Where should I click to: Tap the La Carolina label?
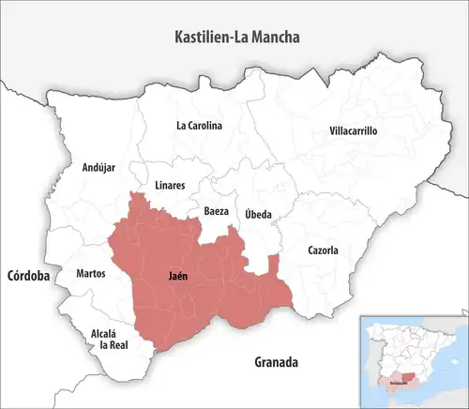coord(199,125)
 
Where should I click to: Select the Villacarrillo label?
coord(354,131)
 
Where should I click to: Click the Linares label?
coord(169,185)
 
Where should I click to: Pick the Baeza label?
coord(216,212)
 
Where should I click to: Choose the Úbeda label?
coord(258,215)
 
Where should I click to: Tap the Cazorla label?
coord(323,250)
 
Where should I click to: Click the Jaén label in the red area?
coord(176,278)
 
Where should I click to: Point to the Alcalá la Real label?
coord(102,339)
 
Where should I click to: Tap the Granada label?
coord(276,361)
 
